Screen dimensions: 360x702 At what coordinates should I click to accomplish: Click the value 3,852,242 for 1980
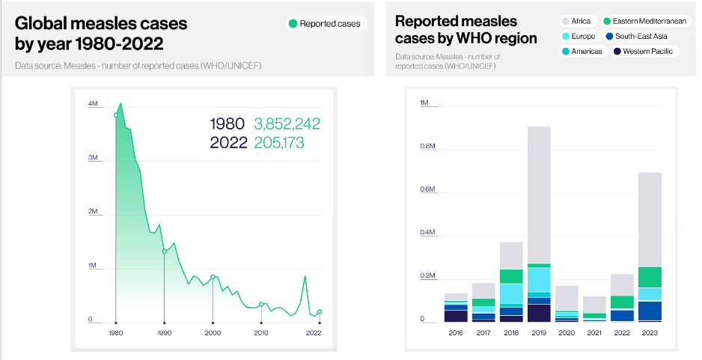point(287,123)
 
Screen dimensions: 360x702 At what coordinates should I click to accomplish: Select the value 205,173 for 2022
point(279,142)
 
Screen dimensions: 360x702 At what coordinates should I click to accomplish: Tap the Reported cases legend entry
point(324,24)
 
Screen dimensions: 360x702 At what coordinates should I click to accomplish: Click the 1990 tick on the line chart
point(164,332)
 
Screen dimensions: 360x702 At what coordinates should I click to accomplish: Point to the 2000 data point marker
point(213,277)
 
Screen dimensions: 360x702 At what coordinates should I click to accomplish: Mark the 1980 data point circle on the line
point(115,115)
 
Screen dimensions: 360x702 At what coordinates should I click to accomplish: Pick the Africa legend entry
point(577,22)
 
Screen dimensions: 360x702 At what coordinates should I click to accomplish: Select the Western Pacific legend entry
point(643,52)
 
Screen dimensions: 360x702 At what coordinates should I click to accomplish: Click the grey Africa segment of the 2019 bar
point(539,195)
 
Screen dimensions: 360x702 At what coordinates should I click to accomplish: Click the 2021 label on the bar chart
point(594,332)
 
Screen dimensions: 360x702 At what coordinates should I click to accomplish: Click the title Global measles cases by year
point(101,34)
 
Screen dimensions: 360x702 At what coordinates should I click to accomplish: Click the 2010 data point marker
point(261,305)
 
